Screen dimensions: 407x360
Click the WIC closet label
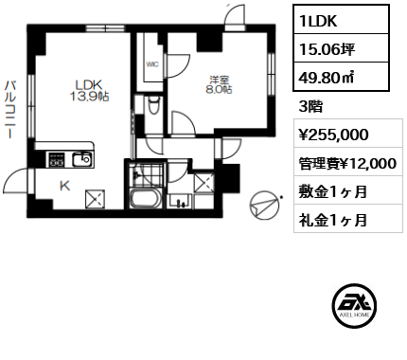tap(152, 64)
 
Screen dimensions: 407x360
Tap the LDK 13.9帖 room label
tap(89, 91)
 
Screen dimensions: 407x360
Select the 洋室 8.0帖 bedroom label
tap(220, 85)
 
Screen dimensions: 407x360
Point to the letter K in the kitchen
tap(65, 186)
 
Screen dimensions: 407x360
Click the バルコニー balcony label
tap(10, 110)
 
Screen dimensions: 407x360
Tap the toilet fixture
tap(154, 105)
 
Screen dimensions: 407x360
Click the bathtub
tap(146, 198)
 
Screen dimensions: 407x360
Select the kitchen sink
tap(82, 160)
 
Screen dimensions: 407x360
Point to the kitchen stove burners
tap(56, 160)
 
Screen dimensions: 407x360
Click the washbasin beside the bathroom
tap(180, 202)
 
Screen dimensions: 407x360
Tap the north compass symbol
tap(265, 206)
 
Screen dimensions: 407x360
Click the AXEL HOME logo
tap(355, 304)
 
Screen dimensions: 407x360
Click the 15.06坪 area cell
tap(341, 48)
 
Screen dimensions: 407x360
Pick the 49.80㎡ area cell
tap(341, 76)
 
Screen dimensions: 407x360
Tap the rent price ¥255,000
tap(333, 135)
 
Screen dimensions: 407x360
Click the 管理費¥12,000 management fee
tap(347, 163)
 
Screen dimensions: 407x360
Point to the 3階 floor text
tap(310, 107)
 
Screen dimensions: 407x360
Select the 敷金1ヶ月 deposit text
tap(333, 191)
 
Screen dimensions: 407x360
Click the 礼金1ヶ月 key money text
tap(333, 220)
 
